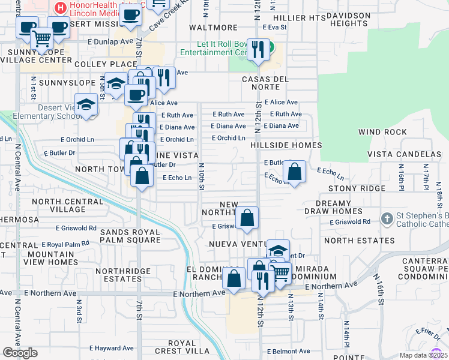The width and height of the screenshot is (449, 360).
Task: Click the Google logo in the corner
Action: (x=20, y=353)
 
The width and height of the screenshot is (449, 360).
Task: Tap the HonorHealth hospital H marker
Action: (x=60, y=8)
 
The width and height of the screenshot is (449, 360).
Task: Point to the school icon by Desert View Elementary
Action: (x=86, y=104)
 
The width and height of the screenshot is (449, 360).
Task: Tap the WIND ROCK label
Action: (x=382, y=132)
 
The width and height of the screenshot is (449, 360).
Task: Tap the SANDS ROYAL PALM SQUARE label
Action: (x=131, y=236)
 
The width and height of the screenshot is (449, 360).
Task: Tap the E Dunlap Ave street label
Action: (x=109, y=42)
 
